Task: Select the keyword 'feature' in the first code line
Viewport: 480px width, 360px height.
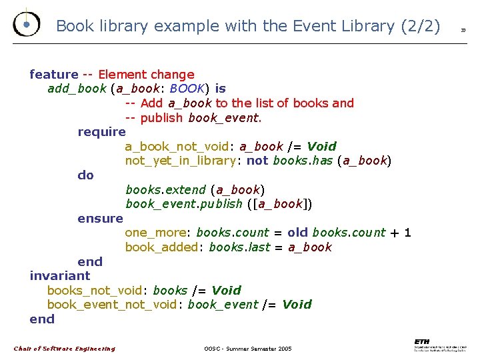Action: pos(54,75)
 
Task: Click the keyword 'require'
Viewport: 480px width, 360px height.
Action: pos(101,132)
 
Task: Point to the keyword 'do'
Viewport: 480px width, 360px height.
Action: pos(86,175)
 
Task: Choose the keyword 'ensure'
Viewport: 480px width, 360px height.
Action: pos(100,219)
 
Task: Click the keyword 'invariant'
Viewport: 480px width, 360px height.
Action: pos(60,276)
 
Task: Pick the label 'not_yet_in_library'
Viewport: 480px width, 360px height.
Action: pos(180,161)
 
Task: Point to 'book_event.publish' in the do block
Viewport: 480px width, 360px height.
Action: pos(183,204)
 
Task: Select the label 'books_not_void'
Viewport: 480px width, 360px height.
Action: pos(94,291)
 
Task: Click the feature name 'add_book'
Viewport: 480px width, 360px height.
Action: pos(77,89)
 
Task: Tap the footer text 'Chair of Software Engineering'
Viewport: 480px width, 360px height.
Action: pos(65,349)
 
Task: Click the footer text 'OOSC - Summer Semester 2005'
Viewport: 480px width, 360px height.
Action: pos(248,349)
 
